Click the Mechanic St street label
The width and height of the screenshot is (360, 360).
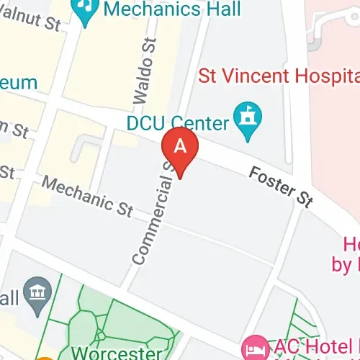pyautogui.click(x=86, y=194)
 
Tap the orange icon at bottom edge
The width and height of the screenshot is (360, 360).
pyautogui.click(x=45, y=357)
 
